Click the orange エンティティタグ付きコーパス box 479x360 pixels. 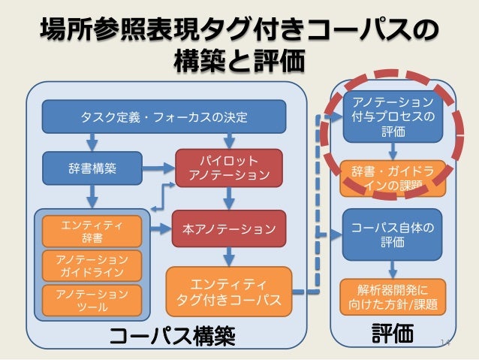coord(228,292)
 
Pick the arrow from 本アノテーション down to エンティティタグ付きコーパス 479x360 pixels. coord(230,256)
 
